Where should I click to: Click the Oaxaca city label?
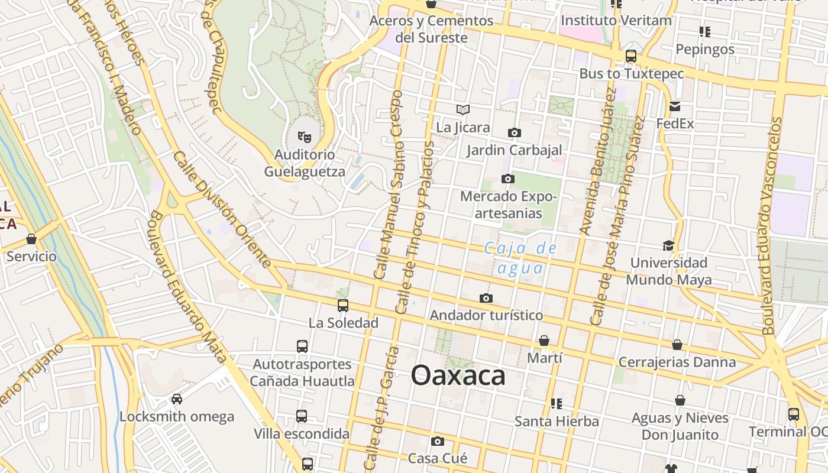tap(458, 375)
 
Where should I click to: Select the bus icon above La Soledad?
tap(343, 306)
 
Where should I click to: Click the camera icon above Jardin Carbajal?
tap(515, 132)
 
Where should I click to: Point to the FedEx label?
tap(675, 124)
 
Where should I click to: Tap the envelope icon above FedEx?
tap(675, 106)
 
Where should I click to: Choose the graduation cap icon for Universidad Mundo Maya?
tap(668, 245)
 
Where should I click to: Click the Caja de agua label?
tap(520, 258)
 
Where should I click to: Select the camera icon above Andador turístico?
tap(486, 298)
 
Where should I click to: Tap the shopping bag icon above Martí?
tap(544, 341)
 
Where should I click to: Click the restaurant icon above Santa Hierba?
tap(556, 404)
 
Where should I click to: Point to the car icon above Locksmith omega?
tap(176, 399)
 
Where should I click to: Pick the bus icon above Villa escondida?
tap(302, 416)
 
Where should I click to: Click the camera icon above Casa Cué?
tap(438, 441)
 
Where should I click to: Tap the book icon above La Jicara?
tap(463, 109)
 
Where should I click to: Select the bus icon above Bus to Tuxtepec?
tap(631, 56)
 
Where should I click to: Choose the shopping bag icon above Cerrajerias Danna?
tap(677, 345)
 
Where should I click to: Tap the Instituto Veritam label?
tap(616, 20)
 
